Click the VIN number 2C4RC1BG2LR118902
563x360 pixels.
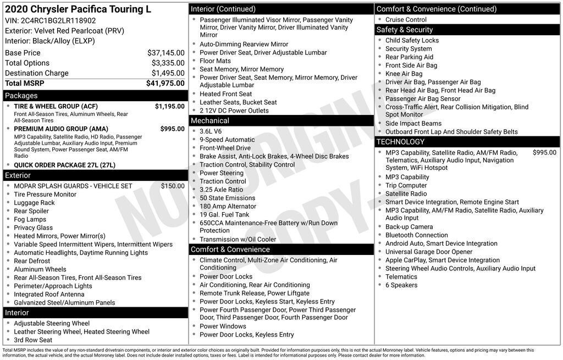click(x=58, y=20)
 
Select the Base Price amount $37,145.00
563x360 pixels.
click(x=165, y=53)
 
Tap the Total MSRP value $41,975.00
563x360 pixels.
click(x=165, y=84)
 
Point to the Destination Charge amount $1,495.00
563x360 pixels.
click(x=168, y=73)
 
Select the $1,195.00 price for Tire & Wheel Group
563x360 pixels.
click(x=169, y=106)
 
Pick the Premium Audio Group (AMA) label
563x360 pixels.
click(x=57, y=129)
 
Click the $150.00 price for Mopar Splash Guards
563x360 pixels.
click(x=173, y=186)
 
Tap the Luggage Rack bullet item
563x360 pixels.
click(x=34, y=203)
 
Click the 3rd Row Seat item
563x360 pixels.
click(x=33, y=340)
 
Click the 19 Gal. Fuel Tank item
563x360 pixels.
click(x=224, y=214)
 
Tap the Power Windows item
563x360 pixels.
click(x=222, y=326)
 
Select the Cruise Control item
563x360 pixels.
click(x=406, y=20)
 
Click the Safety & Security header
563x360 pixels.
click(x=404, y=30)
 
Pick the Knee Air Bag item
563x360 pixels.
click(x=404, y=74)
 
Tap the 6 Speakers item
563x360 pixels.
click(x=401, y=285)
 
